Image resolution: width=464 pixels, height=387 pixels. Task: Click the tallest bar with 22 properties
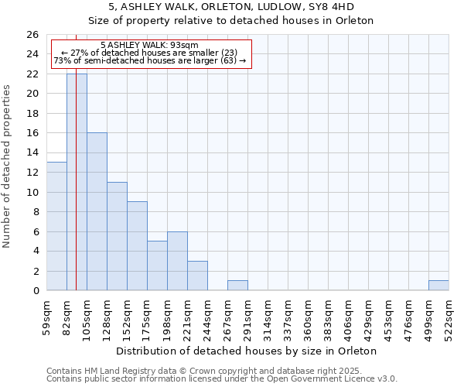pos(77,182)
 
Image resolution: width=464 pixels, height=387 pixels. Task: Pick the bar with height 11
pos(117,236)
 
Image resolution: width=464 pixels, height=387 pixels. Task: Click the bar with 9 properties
pos(137,246)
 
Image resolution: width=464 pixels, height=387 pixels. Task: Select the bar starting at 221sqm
pos(197,276)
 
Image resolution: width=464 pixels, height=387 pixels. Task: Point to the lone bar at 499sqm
pos(438,286)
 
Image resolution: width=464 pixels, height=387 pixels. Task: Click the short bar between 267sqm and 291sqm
pos(237,286)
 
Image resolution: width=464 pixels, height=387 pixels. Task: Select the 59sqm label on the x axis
pos(46,317)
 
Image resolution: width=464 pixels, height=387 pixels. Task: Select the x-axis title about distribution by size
pos(247,351)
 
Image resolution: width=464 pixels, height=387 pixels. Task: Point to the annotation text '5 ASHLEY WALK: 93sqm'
pos(150,45)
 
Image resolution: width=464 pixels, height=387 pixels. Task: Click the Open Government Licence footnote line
pos(222,379)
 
